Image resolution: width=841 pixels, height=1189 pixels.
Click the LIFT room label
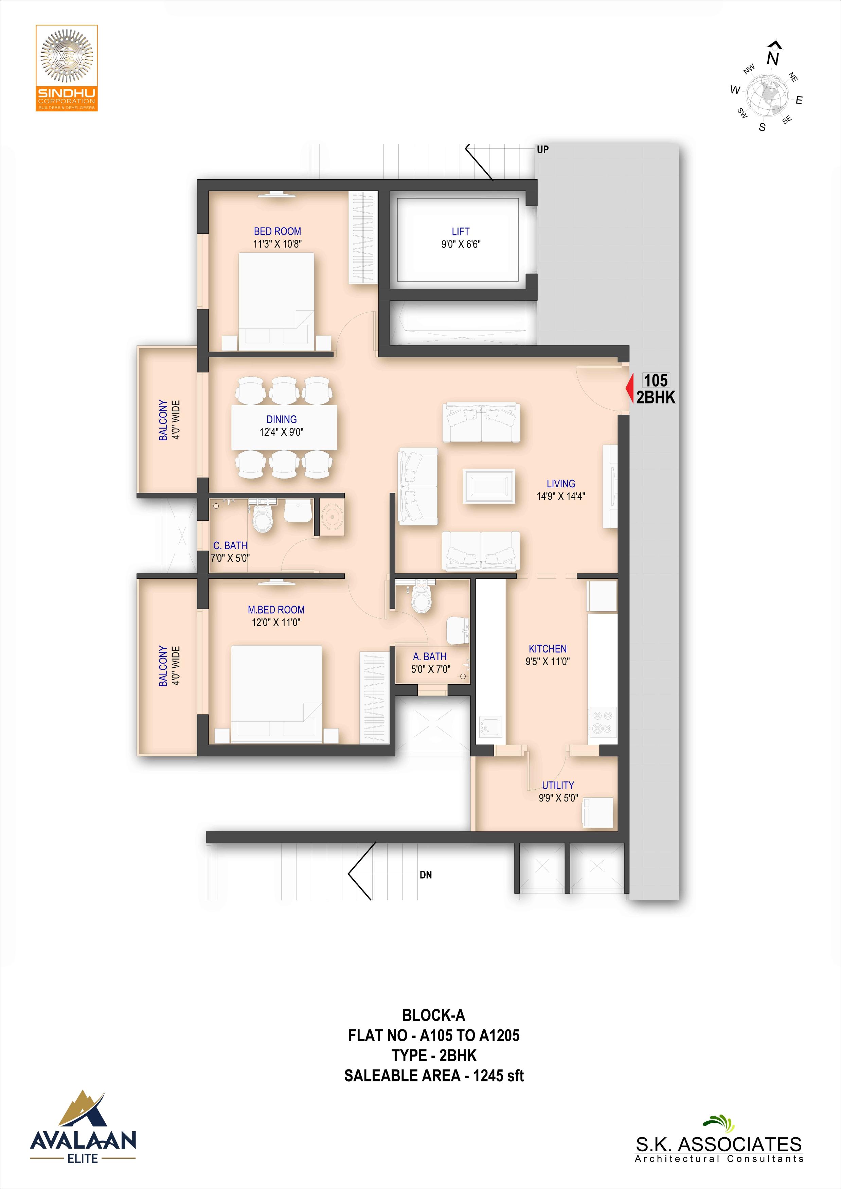pyautogui.click(x=460, y=232)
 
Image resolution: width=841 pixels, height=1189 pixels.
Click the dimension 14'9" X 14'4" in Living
pyautogui.click(x=561, y=496)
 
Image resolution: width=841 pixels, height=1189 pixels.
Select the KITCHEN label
pyautogui.click(x=548, y=649)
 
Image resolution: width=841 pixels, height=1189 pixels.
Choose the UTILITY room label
pyautogui.click(x=558, y=785)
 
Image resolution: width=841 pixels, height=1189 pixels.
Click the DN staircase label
pyautogui.click(x=426, y=875)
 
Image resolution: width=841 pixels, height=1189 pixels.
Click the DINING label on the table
pyautogui.click(x=282, y=419)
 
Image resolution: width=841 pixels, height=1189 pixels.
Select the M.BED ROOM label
pyautogui.click(x=276, y=610)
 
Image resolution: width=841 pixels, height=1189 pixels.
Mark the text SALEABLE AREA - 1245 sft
pyautogui.click(x=434, y=1076)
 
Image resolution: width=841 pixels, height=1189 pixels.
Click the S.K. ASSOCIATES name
pyautogui.click(x=719, y=1144)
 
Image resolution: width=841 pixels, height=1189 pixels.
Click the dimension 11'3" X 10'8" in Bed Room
pyautogui.click(x=278, y=244)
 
